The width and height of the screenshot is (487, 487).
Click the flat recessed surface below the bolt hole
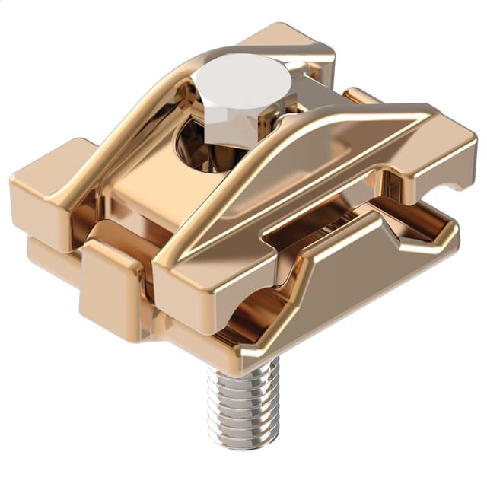click(x=152, y=190)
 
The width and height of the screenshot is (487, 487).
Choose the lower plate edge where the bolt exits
click(x=243, y=358)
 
